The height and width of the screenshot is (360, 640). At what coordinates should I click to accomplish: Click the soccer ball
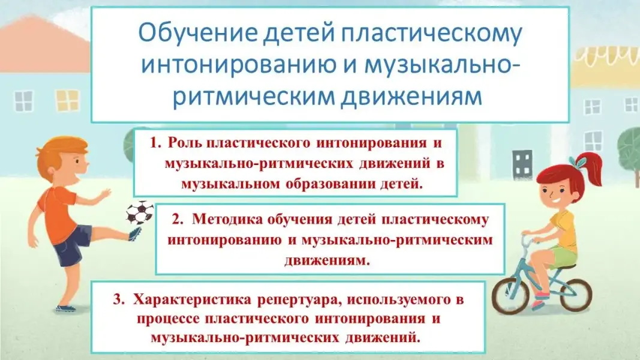(140, 212)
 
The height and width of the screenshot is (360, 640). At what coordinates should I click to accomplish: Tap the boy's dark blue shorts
(71, 244)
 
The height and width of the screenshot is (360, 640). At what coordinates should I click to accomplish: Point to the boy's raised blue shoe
(135, 234)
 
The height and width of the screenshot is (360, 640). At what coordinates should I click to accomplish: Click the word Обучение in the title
(198, 32)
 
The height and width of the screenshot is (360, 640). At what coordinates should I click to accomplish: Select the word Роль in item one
(185, 143)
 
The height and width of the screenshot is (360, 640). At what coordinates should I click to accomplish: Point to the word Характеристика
(193, 299)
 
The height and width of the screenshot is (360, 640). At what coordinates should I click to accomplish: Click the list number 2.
(177, 220)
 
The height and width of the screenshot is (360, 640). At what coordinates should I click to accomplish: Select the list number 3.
(118, 299)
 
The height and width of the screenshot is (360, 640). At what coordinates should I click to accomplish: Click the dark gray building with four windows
(522, 164)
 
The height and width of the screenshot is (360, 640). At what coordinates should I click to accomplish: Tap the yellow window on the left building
(67, 100)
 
